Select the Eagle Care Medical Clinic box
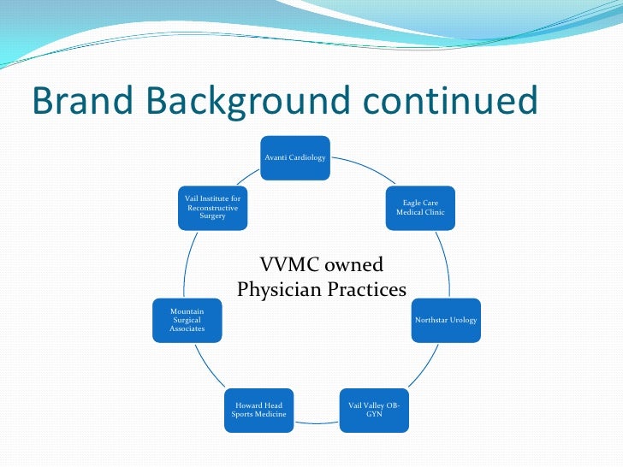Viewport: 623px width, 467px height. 420,208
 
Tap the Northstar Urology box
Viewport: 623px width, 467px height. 446,320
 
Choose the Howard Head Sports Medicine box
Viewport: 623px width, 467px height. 258,409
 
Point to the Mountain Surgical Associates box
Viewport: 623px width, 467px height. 187,320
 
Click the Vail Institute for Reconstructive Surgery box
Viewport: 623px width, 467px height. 212,208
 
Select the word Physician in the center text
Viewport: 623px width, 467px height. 279,290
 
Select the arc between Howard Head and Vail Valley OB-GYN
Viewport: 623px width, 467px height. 316,421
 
